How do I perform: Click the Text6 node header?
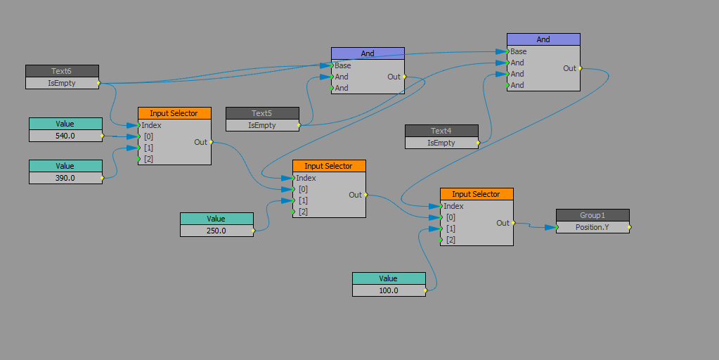[x=62, y=71]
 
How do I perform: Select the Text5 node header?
[x=262, y=113]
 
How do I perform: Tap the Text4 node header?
[x=441, y=131]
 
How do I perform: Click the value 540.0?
[x=65, y=136]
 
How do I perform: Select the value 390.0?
[x=65, y=178]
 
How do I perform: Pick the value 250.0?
[x=216, y=231]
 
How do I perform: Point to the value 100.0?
[x=389, y=290]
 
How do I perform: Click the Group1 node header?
[x=592, y=215]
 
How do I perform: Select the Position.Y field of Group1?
[x=592, y=227]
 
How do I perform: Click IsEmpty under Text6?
[x=62, y=83]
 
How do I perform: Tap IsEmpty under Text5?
[x=262, y=125]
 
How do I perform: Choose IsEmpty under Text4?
[x=441, y=143]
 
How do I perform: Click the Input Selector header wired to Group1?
[x=477, y=194]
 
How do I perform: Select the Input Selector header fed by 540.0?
[x=174, y=113]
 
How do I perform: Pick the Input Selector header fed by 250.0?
[x=329, y=166]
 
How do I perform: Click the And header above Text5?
[x=368, y=53]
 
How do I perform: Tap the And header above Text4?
[x=543, y=39]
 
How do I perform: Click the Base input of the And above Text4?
[x=519, y=51]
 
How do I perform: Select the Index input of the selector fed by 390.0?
[x=151, y=125]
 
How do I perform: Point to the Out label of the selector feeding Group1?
[x=503, y=223]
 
